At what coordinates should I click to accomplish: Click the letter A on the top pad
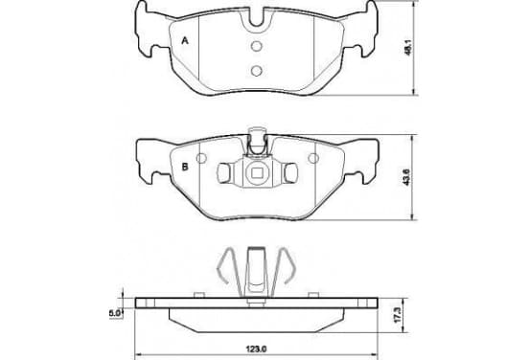185,41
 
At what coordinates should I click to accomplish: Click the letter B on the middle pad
185,167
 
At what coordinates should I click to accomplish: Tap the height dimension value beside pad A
408,48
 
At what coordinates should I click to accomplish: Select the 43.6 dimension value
406,177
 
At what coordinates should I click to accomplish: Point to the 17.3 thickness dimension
399,314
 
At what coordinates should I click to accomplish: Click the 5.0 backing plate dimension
114,313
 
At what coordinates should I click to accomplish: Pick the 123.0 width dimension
256,349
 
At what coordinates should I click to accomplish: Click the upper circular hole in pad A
257,46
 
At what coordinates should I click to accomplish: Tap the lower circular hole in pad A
257,70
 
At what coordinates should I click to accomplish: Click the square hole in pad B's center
257,173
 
